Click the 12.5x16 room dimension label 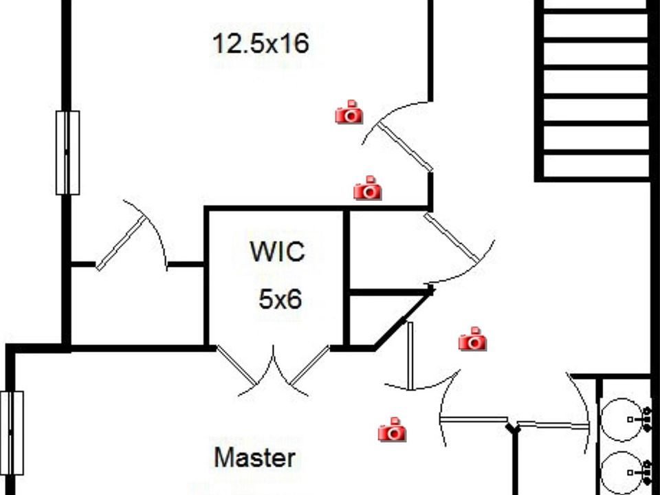point(261,44)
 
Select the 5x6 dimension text point(280,299)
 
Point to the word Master point(255,457)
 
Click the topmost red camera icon point(349,112)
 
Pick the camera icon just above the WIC point(368,188)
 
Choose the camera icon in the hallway point(472,340)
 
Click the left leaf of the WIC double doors point(236,366)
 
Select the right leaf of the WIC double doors point(309,366)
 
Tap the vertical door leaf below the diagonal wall point(410,356)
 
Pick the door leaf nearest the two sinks point(551,425)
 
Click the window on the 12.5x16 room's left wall point(67,153)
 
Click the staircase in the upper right point(595,89)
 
